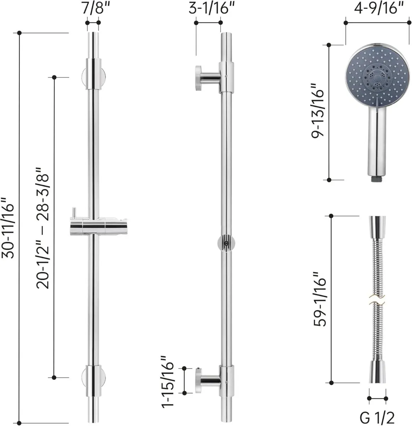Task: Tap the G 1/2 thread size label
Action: pos(378,416)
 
